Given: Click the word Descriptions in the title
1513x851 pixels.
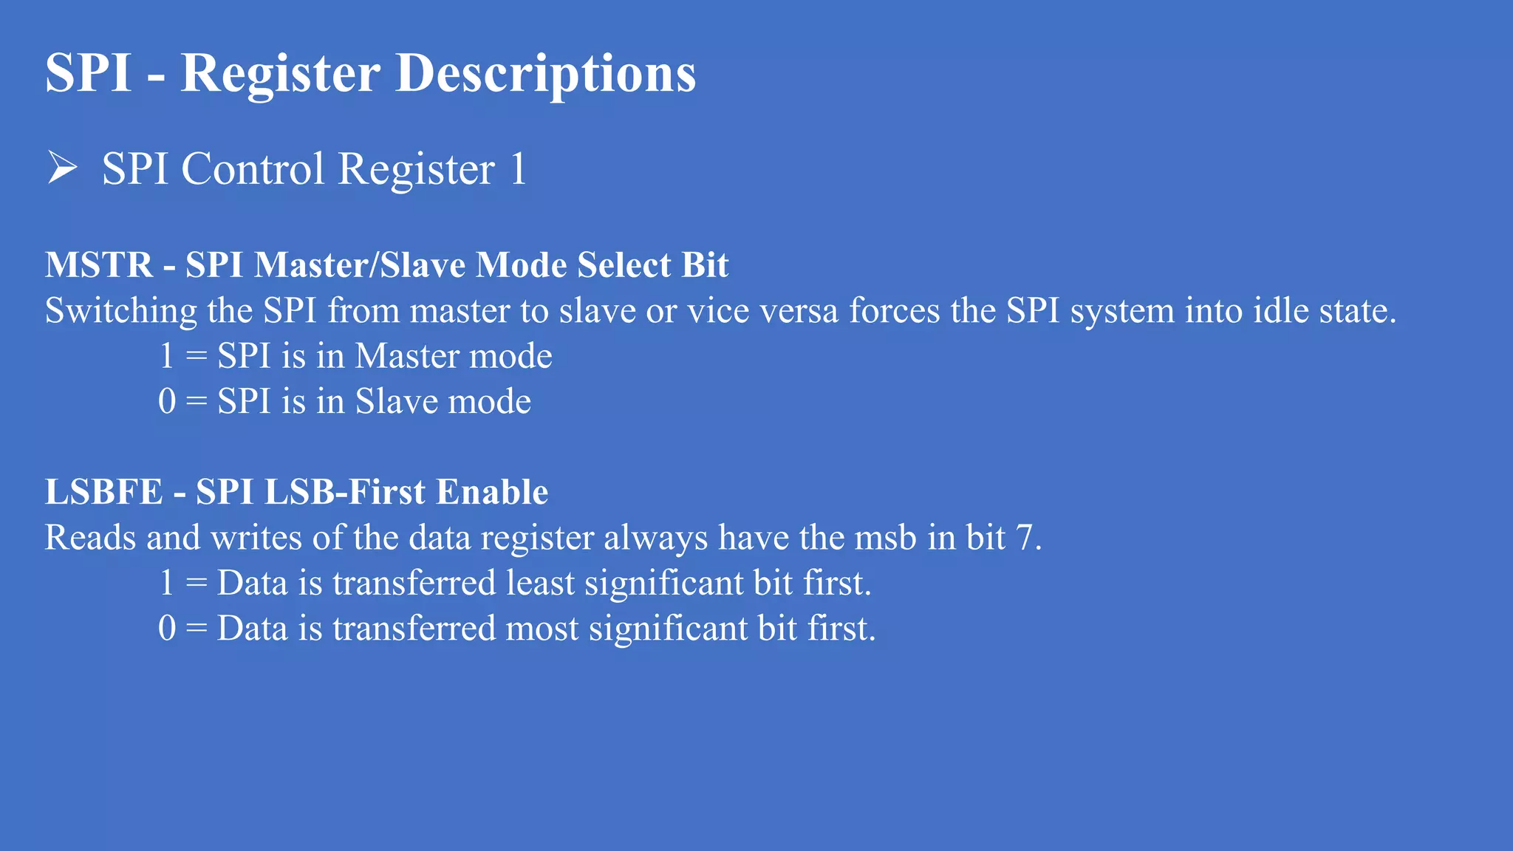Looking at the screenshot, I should (x=545, y=74).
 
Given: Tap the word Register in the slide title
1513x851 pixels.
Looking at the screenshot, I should (x=280, y=74).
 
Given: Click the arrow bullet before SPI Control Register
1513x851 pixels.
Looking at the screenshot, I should (x=62, y=167).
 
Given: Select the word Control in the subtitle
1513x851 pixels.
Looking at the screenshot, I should (x=253, y=169).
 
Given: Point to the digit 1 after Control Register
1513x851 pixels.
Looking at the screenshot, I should (x=518, y=169).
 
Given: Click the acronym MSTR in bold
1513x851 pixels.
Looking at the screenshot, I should (x=99, y=265).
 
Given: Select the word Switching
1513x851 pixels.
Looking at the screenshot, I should (x=121, y=311).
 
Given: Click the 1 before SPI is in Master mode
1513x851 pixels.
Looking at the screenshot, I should (x=167, y=356).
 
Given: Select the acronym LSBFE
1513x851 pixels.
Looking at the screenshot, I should (x=104, y=492).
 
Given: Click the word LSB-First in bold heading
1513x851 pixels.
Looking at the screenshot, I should (x=344, y=492).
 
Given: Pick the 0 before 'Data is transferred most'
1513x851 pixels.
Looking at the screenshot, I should (x=167, y=629).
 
